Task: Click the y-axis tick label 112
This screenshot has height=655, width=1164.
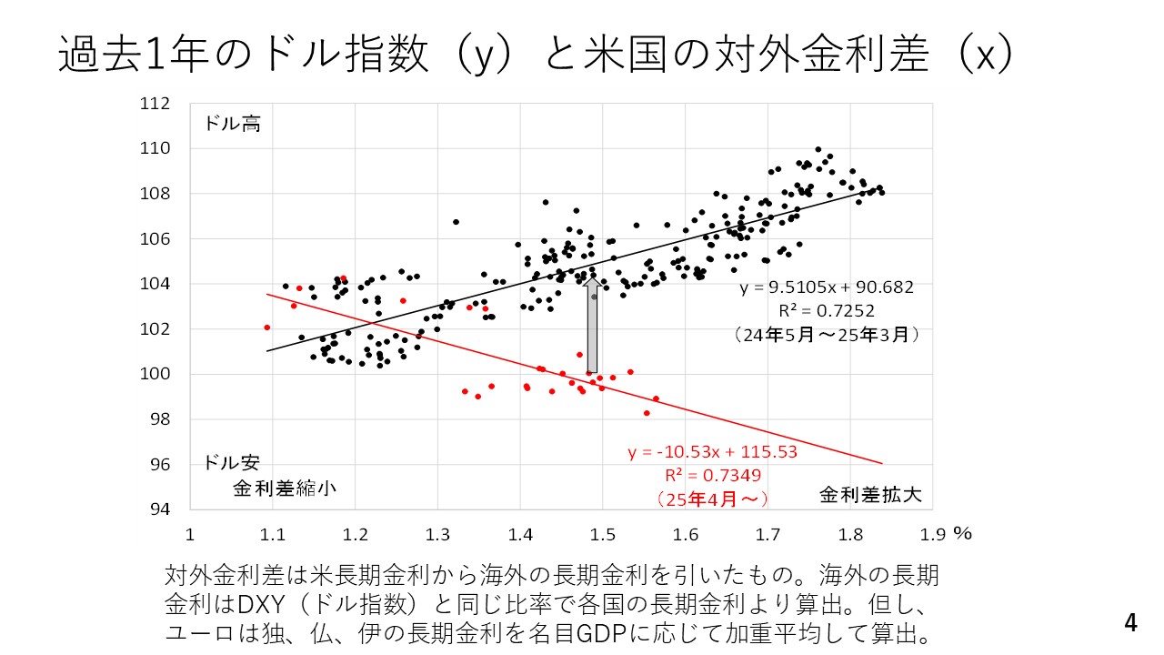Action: pyautogui.click(x=156, y=105)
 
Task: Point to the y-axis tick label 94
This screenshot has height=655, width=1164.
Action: pyautogui.click(x=161, y=509)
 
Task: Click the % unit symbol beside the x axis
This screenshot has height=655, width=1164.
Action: pyautogui.click(x=962, y=533)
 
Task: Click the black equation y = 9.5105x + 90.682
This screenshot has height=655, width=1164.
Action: pyautogui.click(x=826, y=287)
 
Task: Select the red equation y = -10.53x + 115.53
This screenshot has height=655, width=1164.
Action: pyautogui.click(x=712, y=452)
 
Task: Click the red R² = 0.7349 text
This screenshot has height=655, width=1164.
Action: pyautogui.click(x=712, y=475)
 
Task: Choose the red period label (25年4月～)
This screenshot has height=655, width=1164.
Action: pyautogui.click(x=712, y=499)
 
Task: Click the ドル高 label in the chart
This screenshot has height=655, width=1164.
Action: pyautogui.click(x=232, y=124)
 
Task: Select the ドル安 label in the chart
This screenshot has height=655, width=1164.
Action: pyautogui.click(x=232, y=462)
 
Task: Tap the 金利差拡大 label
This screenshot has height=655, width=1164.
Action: pyautogui.click(x=870, y=495)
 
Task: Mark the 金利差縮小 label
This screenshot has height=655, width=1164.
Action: pyautogui.click(x=285, y=488)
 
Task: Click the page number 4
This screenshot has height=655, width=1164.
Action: pyautogui.click(x=1130, y=623)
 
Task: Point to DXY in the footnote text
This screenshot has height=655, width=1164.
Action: pyautogui.click(x=259, y=604)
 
